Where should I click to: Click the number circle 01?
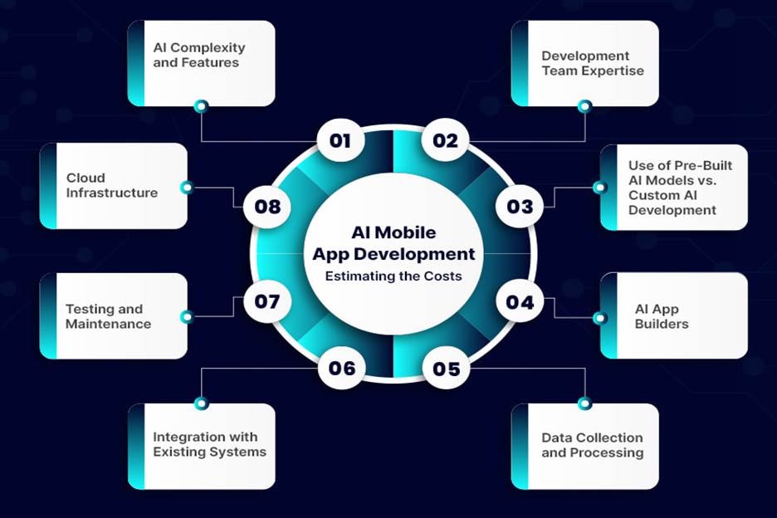click(x=340, y=141)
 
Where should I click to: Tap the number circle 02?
click(x=446, y=141)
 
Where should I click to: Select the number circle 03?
click(x=520, y=206)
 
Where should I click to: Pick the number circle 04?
click(x=520, y=301)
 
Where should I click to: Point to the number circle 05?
click(x=446, y=369)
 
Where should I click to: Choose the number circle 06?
click(x=341, y=369)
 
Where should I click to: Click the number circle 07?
click(x=267, y=301)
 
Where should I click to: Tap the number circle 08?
click(x=267, y=206)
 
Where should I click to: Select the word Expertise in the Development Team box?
click(x=613, y=71)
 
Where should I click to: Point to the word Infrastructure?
click(x=112, y=193)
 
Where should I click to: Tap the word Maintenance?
click(x=109, y=324)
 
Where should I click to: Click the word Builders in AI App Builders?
click(x=662, y=324)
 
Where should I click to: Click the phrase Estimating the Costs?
click(x=393, y=276)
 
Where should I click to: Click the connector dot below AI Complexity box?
click(x=201, y=106)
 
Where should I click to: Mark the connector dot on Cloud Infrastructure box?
click(x=187, y=188)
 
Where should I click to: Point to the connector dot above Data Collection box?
click(x=584, y=403)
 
